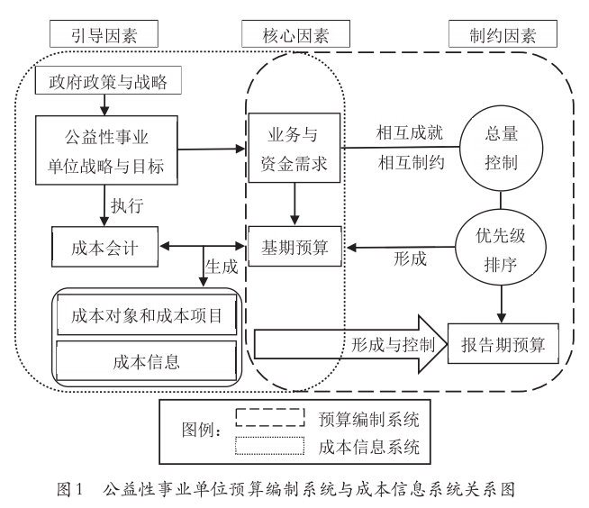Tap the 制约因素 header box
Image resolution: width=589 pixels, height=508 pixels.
[502, 35]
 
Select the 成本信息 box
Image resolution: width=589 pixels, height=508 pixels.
[146, 361]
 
